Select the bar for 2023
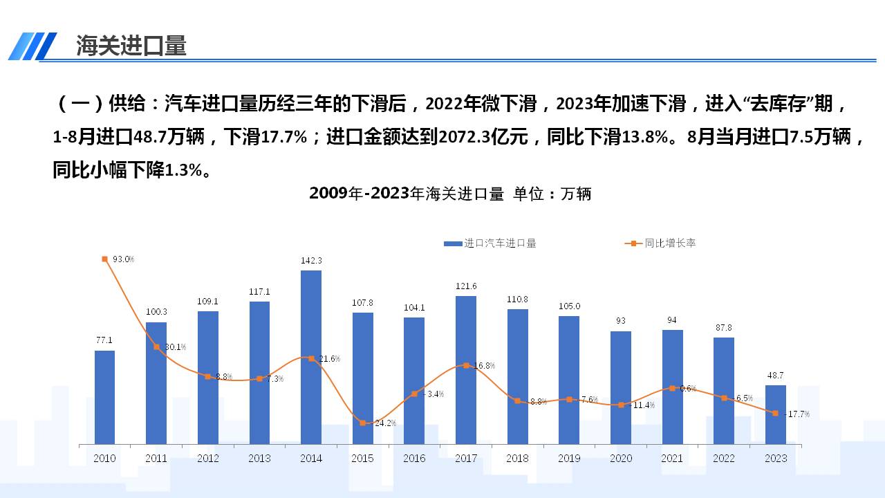[776, 414]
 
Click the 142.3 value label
[311, 260]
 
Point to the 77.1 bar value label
[104, 340]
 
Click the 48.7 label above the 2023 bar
[776, 376]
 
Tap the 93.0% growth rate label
[123, 259]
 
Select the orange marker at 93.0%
[104, 259]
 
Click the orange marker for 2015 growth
[363, 423]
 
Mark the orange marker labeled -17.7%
[776, 413]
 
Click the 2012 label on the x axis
[208, 459]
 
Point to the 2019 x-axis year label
[569, 459]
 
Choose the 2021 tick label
[672, 459]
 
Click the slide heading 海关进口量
[131, 46]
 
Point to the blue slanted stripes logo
[32, 46]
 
